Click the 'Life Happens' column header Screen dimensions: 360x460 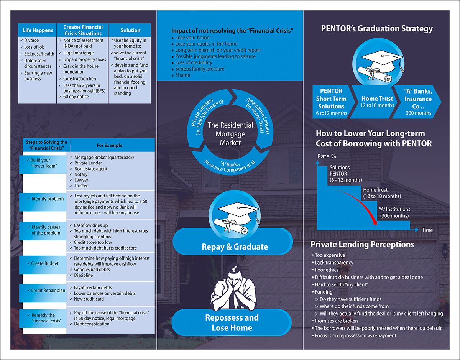(37, 30)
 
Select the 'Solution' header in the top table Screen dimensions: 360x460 (130, 30)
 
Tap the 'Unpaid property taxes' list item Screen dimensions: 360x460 (84, 60)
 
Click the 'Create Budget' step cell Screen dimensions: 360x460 (45, 263)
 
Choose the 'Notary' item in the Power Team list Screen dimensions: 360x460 (81, 174)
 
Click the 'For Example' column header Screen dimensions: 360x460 (110, 145)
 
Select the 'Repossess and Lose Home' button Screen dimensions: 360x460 (232, 323)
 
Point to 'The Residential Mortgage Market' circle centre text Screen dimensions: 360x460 (230, 134)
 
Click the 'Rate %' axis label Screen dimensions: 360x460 (326, 156)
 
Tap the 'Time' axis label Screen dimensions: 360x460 (427, 230)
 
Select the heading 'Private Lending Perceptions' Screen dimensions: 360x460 (362, 245)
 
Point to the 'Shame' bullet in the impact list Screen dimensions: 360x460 (182, 75)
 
